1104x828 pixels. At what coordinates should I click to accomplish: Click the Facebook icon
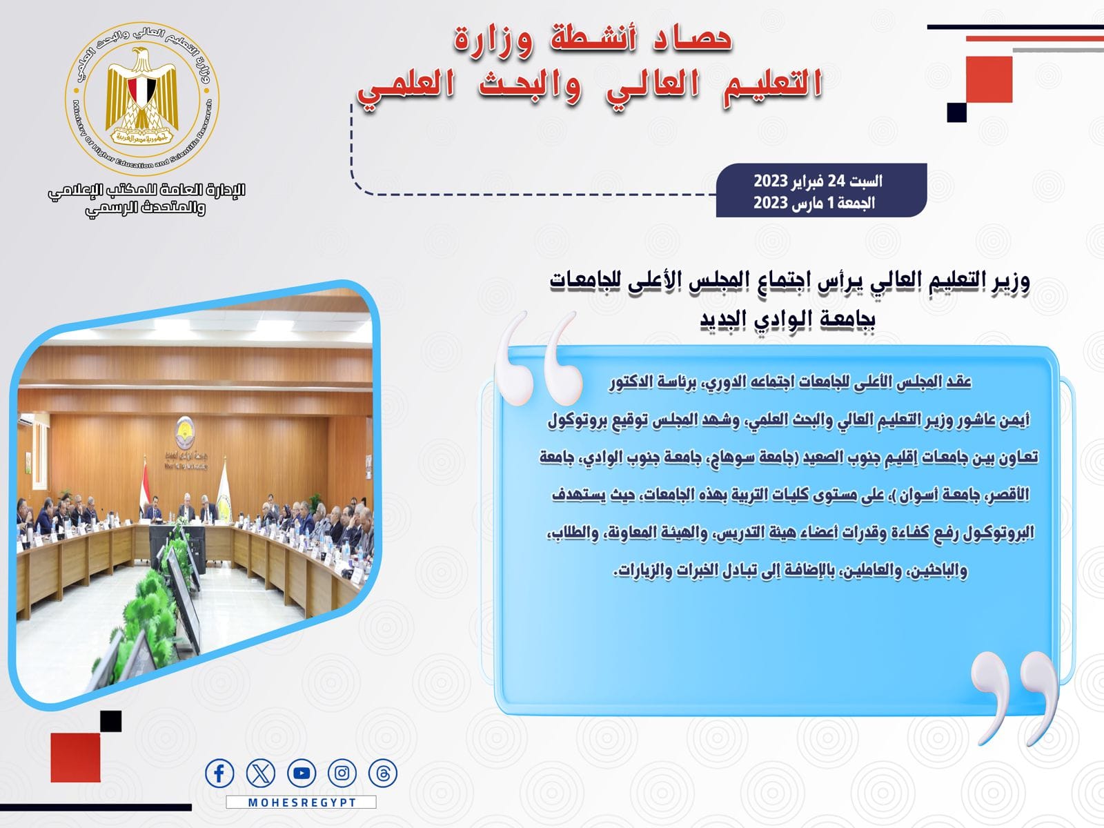coord(219,773)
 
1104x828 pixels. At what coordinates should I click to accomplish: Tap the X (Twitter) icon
coord(261,773)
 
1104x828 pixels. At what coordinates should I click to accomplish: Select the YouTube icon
coord(302,773)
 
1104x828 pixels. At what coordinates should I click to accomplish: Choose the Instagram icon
coord(342,773)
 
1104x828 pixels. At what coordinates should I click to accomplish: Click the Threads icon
coord(383,773)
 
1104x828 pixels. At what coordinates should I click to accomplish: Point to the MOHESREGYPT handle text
coord(302,802)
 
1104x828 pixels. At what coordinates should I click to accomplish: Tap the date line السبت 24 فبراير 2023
coord(818,181)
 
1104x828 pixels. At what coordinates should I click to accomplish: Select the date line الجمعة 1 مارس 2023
coord(814,203)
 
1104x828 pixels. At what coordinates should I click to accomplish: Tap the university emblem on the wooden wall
coord(185,432)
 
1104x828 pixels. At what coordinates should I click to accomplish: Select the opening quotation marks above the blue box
coord(537,358)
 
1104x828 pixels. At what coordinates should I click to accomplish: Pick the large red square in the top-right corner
coord(989,79)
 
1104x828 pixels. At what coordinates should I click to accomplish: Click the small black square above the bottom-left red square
coord(110,721)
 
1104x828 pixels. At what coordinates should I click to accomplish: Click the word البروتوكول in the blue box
coord(998,533)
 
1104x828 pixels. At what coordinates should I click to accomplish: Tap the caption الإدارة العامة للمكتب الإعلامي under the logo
coord(146,191)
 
